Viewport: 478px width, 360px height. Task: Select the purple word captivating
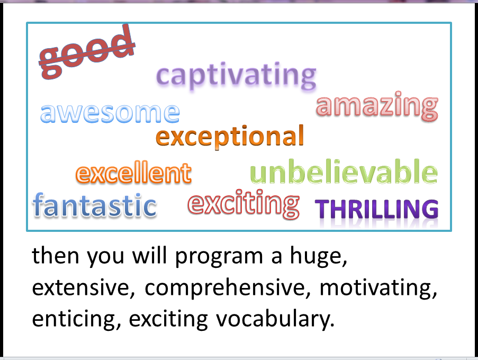pos(237,76)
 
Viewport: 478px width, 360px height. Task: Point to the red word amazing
pos(377,106)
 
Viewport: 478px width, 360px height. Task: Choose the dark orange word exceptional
pos(230,137)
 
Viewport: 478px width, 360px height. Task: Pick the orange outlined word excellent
pos(133,173)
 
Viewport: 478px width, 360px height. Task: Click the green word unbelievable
pos(344,173)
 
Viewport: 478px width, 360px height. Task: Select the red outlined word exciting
pos(243,204)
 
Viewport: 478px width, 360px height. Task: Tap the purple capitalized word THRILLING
pos(377,210)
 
